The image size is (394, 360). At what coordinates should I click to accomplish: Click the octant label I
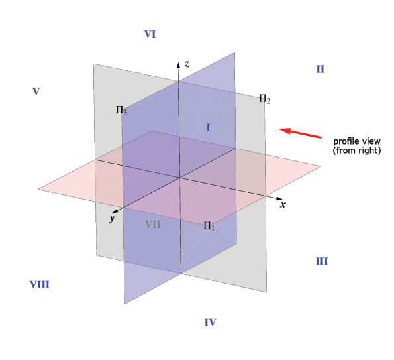pos(208,128)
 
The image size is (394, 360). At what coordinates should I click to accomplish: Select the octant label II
pos(320,69)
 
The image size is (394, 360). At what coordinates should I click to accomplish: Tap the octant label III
pos(322,261)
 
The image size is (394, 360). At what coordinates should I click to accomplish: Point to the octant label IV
pos(210,322)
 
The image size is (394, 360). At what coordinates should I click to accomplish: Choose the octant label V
pos(36,91)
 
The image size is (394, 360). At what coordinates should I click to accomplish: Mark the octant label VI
pos(150,34)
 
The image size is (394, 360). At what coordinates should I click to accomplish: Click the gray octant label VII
pos(153,224)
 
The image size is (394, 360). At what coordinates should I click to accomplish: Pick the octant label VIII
pos(40,285)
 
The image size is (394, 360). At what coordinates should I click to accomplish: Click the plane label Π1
pos(209,226)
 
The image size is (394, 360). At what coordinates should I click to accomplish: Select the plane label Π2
pos(265,99)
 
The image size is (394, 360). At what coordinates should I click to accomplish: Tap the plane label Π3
pos(121,110)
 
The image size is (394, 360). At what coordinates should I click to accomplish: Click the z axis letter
pos(187,64)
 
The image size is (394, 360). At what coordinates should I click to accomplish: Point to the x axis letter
pos(283,204)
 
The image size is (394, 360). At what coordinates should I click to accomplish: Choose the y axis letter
pos(112,218)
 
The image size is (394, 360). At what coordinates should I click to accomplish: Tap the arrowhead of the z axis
pos(178,65)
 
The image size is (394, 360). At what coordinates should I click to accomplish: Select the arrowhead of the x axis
pos(279,198)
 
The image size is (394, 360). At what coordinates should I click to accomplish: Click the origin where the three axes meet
pos(179,178)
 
